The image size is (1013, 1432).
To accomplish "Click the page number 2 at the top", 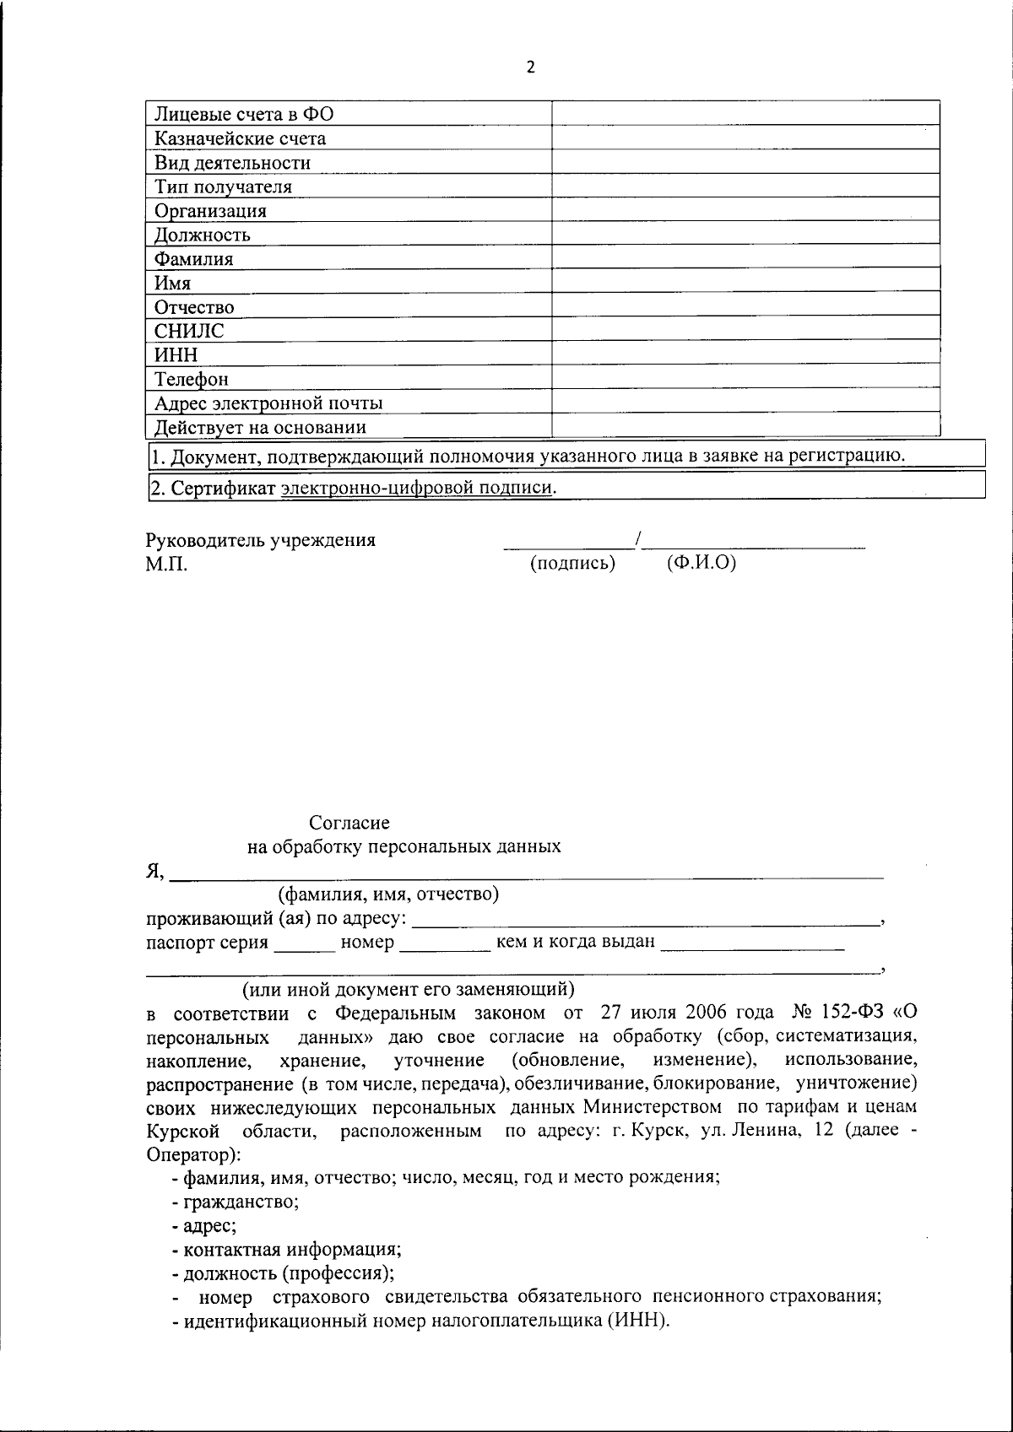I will tap(530, 68).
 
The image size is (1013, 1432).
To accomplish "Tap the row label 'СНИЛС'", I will tap(189, 331).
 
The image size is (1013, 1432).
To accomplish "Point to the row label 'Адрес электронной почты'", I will tap(268, 403).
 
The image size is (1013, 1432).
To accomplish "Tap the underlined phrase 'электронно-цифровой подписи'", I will tap(418, 488).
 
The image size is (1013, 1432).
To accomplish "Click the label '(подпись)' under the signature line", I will tap(572, 563).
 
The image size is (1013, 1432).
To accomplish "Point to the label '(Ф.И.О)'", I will tap(701, 562).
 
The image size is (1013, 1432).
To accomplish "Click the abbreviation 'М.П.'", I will tap(166, 564).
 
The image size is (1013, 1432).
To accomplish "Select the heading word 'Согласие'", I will tap(349, 822).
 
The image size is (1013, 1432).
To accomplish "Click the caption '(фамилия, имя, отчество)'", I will tap(388, 893).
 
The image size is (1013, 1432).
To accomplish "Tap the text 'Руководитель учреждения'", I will tap(261, 540).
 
